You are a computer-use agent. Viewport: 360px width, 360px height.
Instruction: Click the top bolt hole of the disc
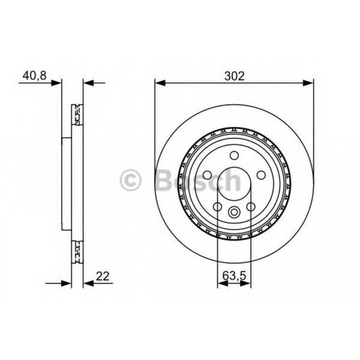(233, 155)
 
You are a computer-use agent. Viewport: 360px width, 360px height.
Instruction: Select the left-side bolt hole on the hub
(207, 175)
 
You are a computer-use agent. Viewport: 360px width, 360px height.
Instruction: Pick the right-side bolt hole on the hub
(261, 175)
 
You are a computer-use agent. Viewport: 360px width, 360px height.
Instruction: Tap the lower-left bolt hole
(217, 206)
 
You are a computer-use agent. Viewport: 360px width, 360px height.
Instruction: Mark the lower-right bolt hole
(250, 206)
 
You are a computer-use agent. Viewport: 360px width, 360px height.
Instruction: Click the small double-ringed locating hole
(234, 212)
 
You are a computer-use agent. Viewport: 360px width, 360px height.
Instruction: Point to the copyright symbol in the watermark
(131, 181)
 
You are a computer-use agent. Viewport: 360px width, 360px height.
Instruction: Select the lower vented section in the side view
(77, 252)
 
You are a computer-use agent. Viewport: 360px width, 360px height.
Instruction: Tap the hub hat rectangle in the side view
(67, 183)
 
